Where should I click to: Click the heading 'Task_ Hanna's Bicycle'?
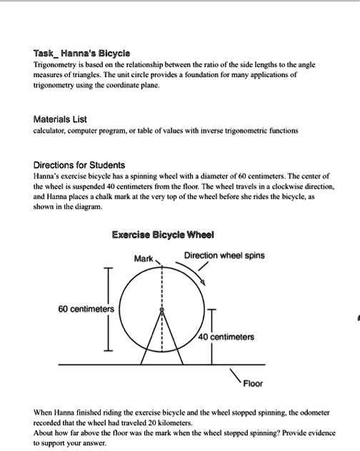point(81,54)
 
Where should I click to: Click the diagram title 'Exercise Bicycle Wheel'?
point(162,235)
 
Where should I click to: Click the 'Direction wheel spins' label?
point(224,255)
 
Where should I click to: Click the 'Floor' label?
point(253,383)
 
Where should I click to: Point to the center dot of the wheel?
point(161,311)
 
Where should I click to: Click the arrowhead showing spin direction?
point(206,283)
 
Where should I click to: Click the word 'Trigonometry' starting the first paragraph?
point(56,64)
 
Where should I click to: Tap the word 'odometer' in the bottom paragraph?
point(324,413)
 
